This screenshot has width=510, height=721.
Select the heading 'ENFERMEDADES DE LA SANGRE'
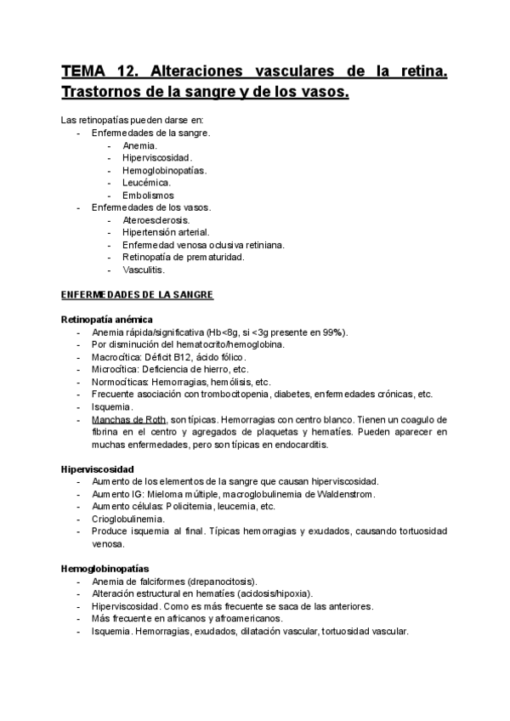(137, 295)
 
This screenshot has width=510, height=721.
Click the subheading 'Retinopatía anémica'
(107, 319)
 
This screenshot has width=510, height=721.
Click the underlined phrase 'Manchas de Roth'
(128, 420)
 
